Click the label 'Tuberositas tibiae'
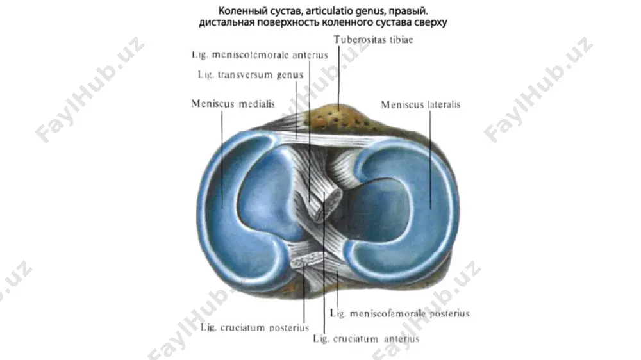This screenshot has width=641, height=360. point(373,40)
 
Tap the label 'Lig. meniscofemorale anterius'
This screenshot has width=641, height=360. point(260,54)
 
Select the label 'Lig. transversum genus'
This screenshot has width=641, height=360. point(251,75)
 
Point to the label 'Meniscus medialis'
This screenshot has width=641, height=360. point(233,104)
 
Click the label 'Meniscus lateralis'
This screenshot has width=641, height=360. point(420,104)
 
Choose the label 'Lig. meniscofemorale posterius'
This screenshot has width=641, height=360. point(400,313)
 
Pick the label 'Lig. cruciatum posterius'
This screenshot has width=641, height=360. point(254,327)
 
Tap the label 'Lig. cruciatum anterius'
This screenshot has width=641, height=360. point(366,339)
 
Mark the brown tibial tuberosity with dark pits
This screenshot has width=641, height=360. point(339,116)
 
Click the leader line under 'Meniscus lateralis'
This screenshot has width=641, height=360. point(430,160)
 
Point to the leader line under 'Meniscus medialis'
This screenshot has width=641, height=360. point(222,159)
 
